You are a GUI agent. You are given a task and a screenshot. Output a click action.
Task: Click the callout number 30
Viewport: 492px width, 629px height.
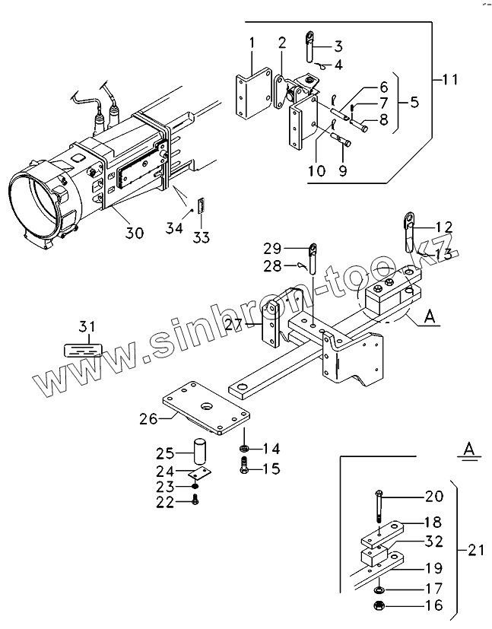(134, 233)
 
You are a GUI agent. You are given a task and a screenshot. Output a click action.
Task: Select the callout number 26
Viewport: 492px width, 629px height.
(149, 418)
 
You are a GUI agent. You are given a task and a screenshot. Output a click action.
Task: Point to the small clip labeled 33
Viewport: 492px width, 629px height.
(201, 205)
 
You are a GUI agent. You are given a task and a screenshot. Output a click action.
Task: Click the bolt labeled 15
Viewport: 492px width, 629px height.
(243, 468)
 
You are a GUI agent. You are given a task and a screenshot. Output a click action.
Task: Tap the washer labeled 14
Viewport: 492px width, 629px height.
(243, 446)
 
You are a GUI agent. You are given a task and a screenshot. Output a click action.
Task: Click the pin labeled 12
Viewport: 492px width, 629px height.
(407, 230)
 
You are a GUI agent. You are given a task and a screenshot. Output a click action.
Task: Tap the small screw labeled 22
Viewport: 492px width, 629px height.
(196, 500)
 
